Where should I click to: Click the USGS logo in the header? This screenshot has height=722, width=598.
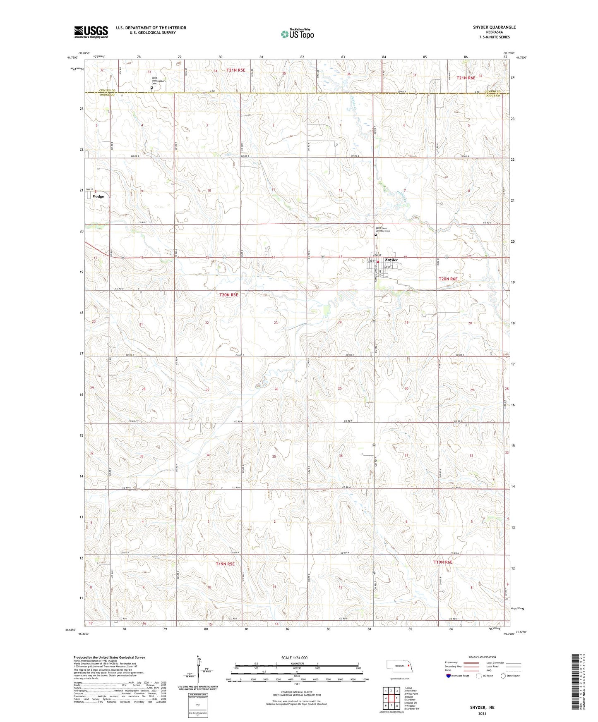91,32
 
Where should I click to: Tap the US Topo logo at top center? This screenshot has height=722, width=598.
296,34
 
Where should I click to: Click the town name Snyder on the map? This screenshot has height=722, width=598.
391,260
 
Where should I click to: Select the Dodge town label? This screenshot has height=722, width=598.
98,196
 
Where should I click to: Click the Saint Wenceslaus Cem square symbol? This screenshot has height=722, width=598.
151,88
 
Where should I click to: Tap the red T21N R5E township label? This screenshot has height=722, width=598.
235,70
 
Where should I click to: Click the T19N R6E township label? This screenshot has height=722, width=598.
443,562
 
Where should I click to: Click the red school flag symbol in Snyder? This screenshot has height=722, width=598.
378,262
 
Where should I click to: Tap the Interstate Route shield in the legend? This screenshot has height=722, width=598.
449,676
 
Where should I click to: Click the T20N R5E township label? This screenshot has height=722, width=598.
228,294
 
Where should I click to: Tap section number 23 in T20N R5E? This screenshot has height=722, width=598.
275,323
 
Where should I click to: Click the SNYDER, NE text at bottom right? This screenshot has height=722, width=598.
482,708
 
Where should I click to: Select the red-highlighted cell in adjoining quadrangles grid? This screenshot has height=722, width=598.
391,698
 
